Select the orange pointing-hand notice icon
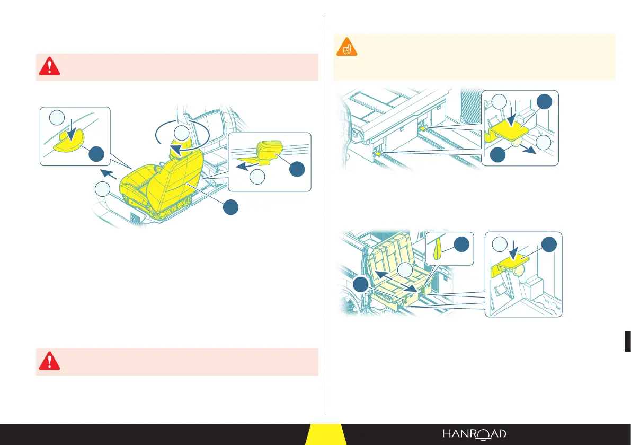pos(347,47)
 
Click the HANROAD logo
pos(474,434)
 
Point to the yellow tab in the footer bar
pos(326,434)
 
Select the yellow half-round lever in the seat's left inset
pos(67,140)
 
